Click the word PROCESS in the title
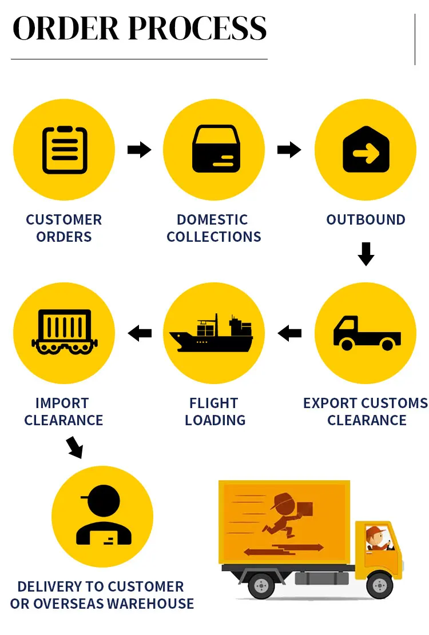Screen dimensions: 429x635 point(197,29)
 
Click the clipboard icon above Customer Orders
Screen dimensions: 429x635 point(64,150)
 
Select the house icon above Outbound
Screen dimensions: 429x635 point(366,150)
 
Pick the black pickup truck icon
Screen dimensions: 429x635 point(366,332)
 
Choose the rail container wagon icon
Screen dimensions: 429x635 point(63,332)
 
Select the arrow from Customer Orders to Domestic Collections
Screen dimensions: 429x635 point(139,150)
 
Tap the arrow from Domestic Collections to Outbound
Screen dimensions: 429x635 point(289,150)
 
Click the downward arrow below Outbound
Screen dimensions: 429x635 point(366,254)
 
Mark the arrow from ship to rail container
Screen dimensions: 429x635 point(140,333)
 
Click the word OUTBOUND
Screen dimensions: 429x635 point(366,220)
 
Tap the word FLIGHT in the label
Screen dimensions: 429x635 point(213,403)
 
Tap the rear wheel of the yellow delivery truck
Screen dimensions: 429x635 point(261,585)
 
